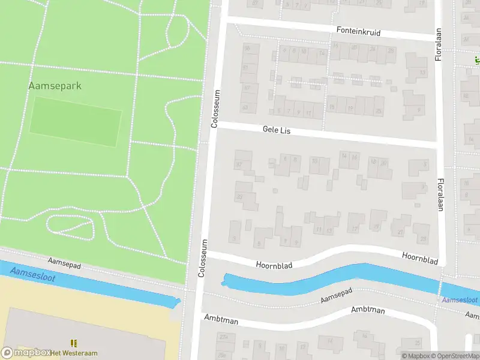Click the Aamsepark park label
[x=55, y=86]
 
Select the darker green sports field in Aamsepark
[x=76, y=121]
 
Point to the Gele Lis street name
[x=277, y=130]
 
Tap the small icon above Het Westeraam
[x=74, y=343]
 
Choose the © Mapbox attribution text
[x=415, y=356]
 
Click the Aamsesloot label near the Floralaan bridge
[x=459, y=299]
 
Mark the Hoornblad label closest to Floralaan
[x=420, y=258]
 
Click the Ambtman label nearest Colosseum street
[x=221, y=320]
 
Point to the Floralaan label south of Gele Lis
[x=441, y=195]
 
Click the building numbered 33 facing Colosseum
[x=244, y=195]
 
